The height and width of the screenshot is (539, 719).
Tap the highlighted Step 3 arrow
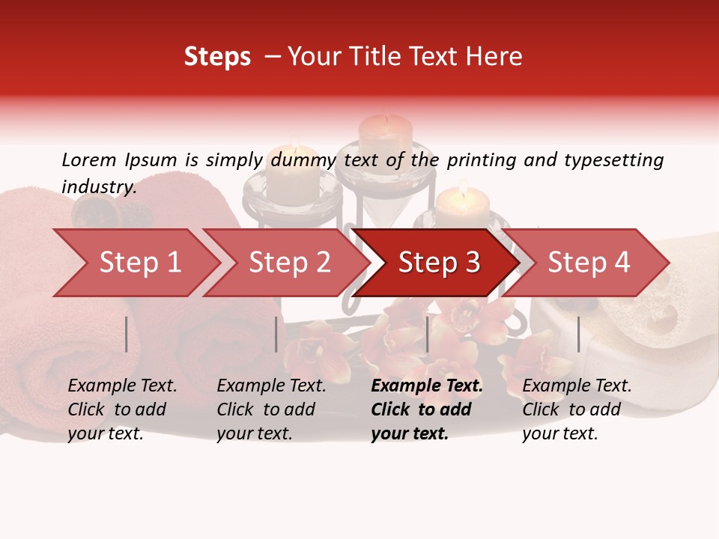(x=439, y=262)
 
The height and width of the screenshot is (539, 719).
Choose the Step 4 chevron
(x=589, y=262)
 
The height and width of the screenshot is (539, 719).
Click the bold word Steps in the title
(x=217, y=57)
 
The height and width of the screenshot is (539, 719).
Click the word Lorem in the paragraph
(x=89, y=159)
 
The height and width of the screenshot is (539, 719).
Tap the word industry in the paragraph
(x=98, y=187)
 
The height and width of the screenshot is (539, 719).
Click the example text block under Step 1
(x=122, y=409)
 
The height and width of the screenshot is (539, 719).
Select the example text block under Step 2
(x=271, y=409)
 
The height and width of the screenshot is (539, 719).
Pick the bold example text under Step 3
(x=427, y=409)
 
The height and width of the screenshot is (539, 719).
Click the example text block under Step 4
(x=577, y=409)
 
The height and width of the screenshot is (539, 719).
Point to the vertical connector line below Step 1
(x=127, y=334)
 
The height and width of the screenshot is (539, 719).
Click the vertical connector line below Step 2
(x=276, y=334)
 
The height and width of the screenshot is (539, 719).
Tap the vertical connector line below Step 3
(x=427, y=334)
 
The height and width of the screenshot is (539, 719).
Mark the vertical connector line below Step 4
(x=578, y=334)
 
